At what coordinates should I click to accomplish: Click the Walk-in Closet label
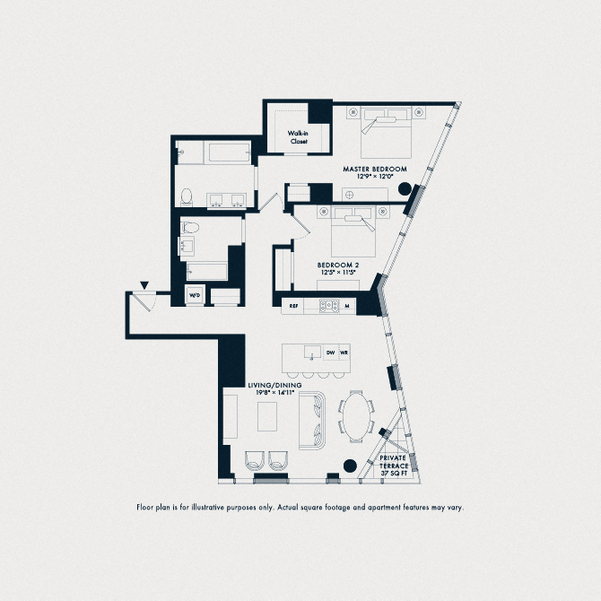click(298, 136)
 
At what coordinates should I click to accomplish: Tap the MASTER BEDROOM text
click(375, 169)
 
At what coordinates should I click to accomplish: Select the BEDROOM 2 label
click(338, 265)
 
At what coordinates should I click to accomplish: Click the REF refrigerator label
click(292, 306)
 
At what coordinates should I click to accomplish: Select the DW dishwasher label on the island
click(330, 353)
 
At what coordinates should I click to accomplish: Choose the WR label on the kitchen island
click(344, 353)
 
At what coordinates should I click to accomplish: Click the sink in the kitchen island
click(312, 352)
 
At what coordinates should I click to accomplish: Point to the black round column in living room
click(349, 465)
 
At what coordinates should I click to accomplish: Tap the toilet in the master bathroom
click(186, 196)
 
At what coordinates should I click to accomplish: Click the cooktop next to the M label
click(325, 306)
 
